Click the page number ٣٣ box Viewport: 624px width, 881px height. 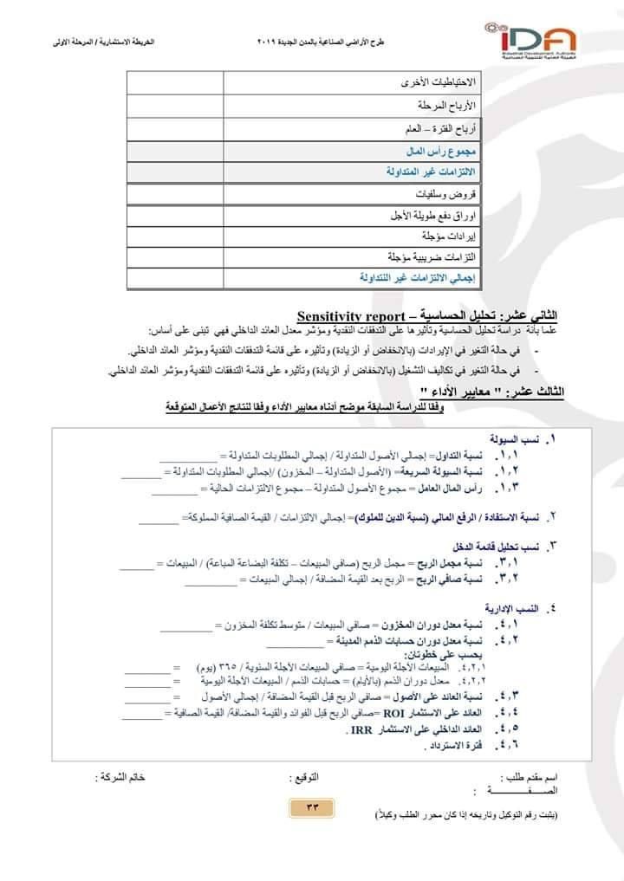[313, 807]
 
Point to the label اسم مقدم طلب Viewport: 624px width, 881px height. [529, 778]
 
